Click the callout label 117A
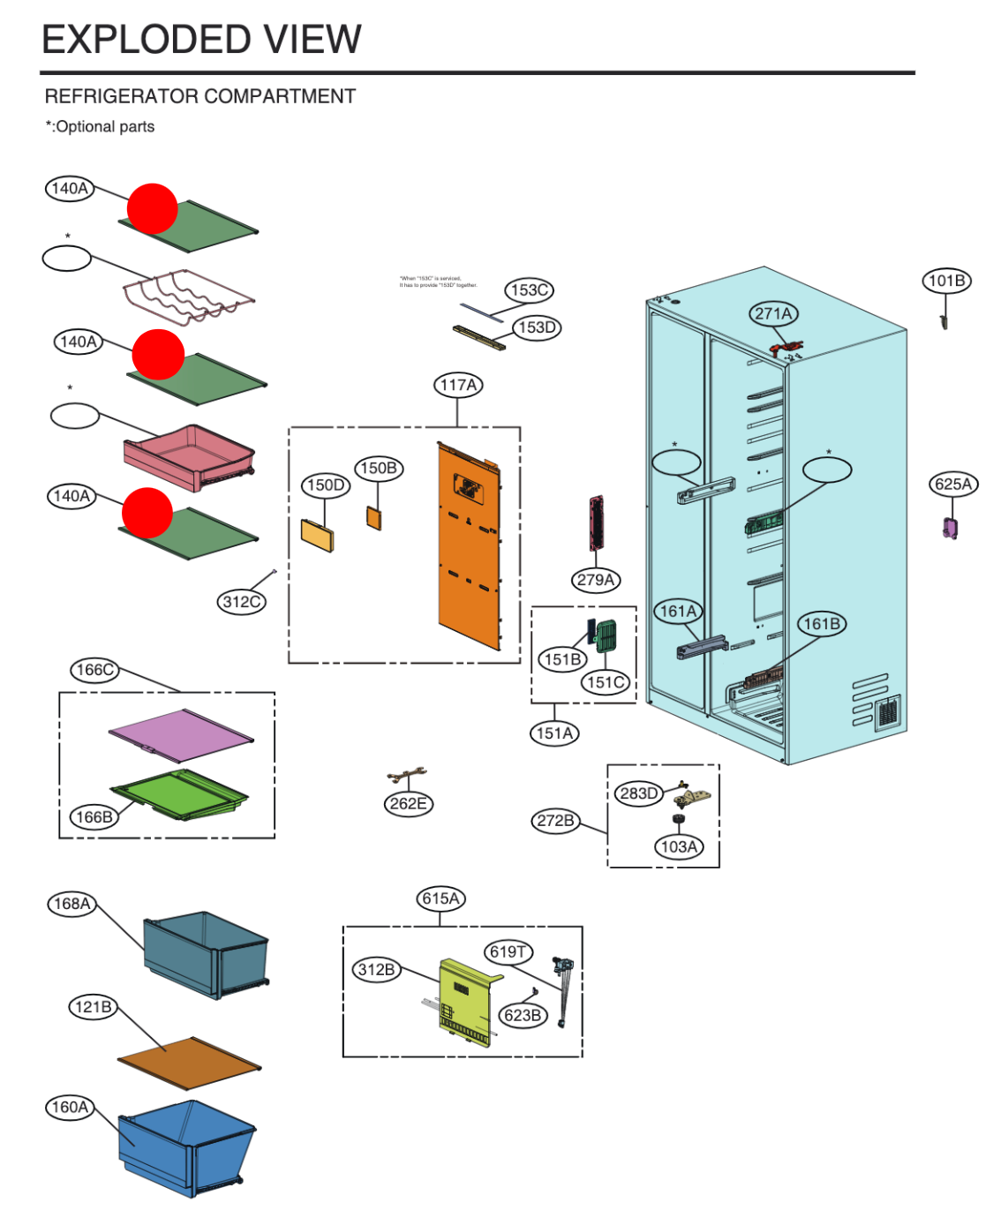pos(458,386)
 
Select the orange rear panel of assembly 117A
pos(469,547)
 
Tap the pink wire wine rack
pos(188,297)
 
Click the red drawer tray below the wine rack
pos(189,455)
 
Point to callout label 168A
pos(71,904)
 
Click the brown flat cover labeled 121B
pos(189,1063)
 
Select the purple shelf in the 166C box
pos(180,734)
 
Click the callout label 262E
pos(408,804)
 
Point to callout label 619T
pos(508,951)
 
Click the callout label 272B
pos(555,821)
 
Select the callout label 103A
pos(679,847)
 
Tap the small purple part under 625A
pos(950,528)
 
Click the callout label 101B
pos(946,281)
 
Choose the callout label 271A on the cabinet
pos(773,313)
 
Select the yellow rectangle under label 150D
pos(318,535)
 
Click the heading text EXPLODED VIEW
pos(202,40)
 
